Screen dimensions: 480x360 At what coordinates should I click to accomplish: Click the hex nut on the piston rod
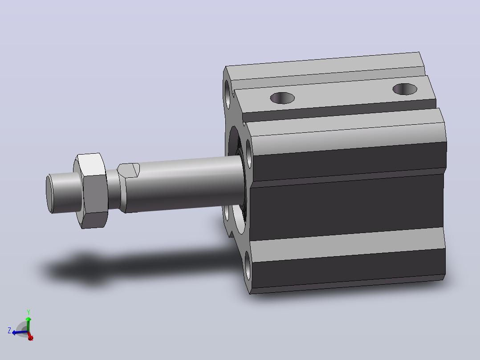click(x=91, y=191)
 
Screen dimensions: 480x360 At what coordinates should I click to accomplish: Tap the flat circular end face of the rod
click(x=49, y=194)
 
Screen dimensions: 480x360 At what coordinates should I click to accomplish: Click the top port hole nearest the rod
click(x=282, y=98)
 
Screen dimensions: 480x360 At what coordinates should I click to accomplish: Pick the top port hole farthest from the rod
click(x=405, y=89)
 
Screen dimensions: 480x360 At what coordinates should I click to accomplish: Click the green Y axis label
click(x=28, y=312)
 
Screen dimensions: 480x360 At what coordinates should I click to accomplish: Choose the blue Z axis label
click(x=9, y=331)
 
